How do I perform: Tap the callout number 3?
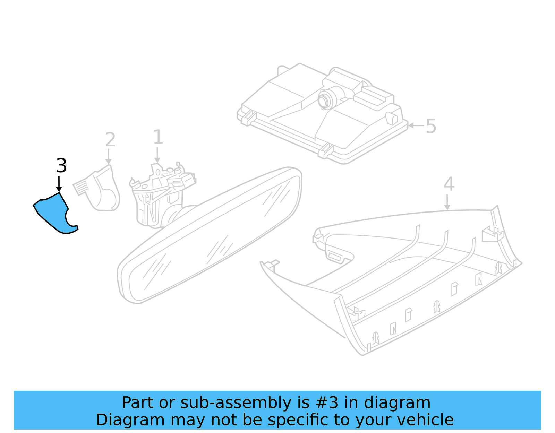pos(61,166)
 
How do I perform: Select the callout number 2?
pos(110,140)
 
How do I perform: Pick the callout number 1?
pos(158,137)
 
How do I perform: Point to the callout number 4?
pos(449,184)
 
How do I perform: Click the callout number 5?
pos(430,126)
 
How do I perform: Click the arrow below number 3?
pos(59,184)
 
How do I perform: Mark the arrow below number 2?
pos(109,157)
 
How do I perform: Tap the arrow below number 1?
pos(157,155)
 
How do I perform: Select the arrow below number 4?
pos(447,202)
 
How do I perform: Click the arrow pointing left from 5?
pos(416,125)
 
